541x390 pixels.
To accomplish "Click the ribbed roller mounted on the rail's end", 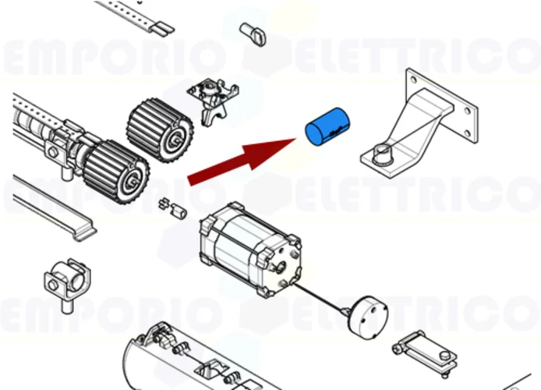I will pos(116,168).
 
